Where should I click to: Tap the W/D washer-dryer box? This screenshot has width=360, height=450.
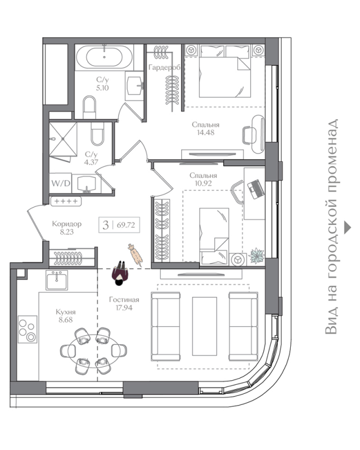[x=61, y=183]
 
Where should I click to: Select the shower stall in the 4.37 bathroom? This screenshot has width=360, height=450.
[x=63, y=139]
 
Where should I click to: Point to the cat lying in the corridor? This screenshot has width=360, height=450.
[x=135, y=255]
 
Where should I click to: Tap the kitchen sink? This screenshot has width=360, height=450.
[x=57, y=280]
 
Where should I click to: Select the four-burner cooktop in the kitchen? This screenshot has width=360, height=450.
[x=28, y=329]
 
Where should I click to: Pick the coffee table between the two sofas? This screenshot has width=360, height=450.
[x=204, y=326]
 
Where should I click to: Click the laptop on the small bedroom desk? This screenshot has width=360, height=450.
[x=256, y=189]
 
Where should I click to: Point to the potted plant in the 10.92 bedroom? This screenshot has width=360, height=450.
[x=256, y=255]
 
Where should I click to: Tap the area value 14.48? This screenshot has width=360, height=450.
[x=205, y=133]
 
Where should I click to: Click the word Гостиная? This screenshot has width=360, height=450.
[x=124, y=300]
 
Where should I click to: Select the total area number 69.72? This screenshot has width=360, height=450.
[x=126, y=224]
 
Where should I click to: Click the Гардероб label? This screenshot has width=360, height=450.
[x=164, y=67]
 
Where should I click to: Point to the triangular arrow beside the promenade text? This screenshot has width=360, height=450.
[x=348, y=227]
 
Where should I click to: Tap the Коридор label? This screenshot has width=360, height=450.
[x=66, y=223]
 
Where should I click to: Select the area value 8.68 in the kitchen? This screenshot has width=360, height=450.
[x=66, y=319]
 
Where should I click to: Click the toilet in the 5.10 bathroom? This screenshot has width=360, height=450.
[x=89, y=107]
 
